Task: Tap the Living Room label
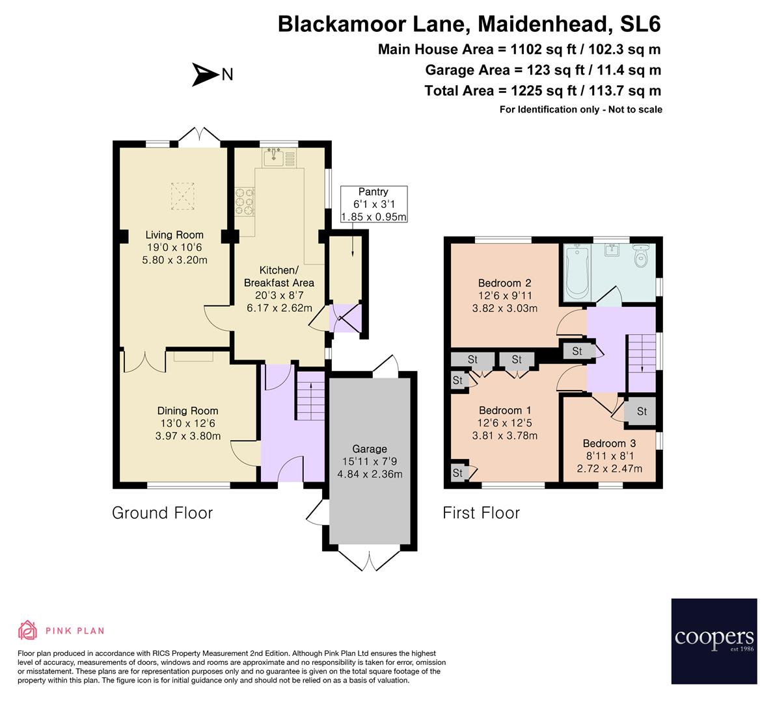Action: (174, 235)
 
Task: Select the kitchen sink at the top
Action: (273, 157)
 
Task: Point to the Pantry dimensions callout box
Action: (374, 204)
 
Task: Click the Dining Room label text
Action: (187, 411)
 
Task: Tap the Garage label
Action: (370, 448)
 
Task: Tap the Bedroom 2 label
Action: (504, 283)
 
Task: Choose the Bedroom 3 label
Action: (609, 443)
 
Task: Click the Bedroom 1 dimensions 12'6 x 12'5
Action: (504, 423)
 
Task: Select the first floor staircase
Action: (641, 354)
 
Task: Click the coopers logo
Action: (714, 641)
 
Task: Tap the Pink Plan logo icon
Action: (27, 630)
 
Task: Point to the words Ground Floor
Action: (162, 513)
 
